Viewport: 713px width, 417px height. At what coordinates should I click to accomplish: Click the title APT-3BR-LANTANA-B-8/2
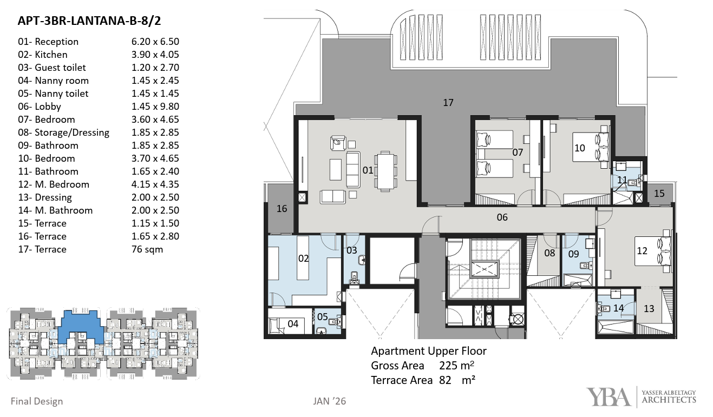tap(89, 21)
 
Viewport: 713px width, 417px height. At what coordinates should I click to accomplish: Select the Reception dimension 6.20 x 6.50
tap(155, 41)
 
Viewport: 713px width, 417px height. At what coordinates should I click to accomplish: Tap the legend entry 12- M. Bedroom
tap(54, 184)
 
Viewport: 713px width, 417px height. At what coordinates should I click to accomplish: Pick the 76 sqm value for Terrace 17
tap(147, 249)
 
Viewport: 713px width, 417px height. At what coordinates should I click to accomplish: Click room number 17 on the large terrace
tap(448, 102)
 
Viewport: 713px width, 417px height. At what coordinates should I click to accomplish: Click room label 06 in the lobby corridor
tap(502, 217)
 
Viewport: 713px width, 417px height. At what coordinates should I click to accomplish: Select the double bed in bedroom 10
tap(591, 147)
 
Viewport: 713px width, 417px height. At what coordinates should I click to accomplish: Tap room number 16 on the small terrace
tap(282, 209)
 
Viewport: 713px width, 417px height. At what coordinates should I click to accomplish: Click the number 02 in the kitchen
tap(303, 259)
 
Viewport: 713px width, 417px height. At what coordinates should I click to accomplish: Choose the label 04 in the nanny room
tap(293, 324)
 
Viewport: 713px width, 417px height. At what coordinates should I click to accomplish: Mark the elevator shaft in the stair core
tap(484, 269)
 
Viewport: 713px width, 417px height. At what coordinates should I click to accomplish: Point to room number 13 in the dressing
tap(649, 308)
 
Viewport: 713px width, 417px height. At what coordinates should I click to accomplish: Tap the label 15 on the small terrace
tap(659, 194)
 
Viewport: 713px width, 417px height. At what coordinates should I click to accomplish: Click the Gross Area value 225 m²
tap(457, 366)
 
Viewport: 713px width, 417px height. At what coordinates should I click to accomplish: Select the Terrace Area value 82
tap(446, 380)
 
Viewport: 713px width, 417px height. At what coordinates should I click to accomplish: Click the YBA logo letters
tap(609, 398)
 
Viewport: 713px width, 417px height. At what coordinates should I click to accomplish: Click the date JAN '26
tap(330, 401)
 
